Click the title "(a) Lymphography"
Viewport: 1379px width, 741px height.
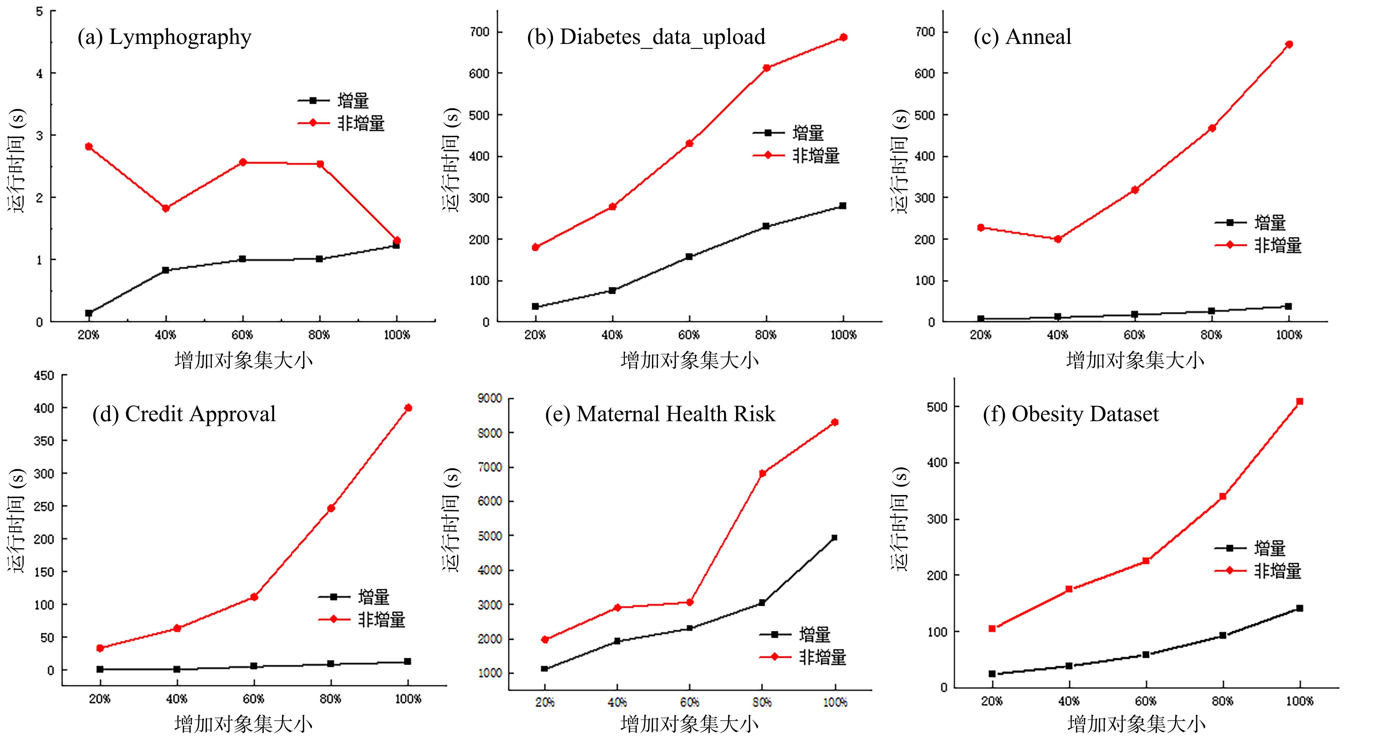164,37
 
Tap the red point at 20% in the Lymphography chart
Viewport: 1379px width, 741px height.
89,146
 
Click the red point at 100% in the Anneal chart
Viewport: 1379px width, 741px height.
1289,44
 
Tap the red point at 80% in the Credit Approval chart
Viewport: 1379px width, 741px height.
331,508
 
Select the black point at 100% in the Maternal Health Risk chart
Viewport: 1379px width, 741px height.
834,537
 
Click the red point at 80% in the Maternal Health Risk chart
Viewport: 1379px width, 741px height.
762,473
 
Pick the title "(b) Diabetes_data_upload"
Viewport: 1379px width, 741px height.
646,37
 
